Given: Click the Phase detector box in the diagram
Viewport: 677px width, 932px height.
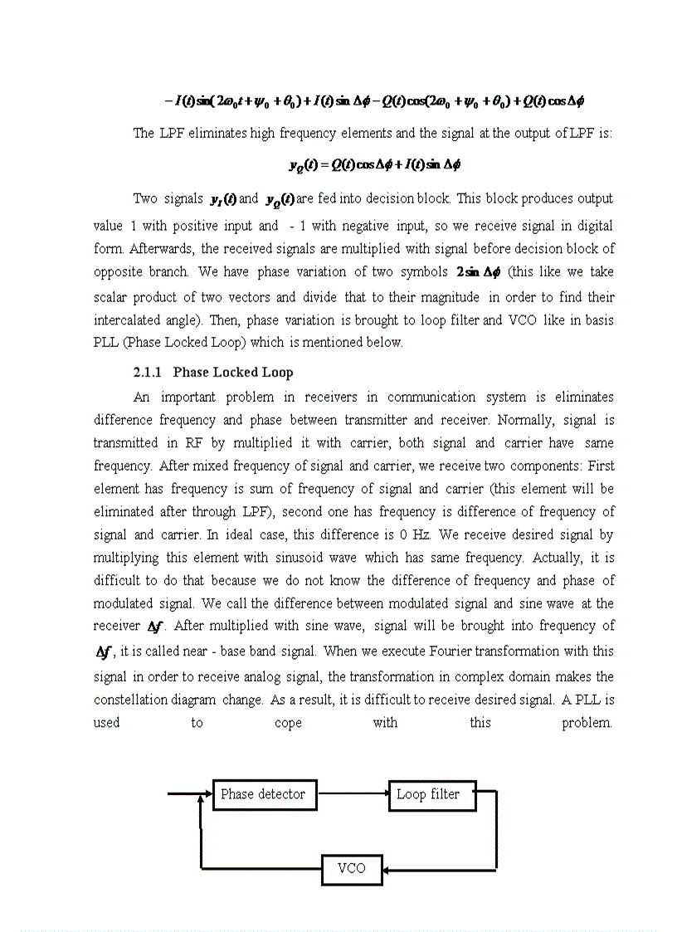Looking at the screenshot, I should [263, 794].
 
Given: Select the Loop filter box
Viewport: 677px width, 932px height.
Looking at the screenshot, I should [427, 794].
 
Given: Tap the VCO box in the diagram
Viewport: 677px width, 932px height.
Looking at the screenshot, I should [351, 868].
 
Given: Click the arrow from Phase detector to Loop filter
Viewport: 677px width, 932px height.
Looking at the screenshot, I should [353, 793].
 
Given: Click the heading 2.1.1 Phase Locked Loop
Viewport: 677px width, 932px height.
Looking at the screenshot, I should [213, 372].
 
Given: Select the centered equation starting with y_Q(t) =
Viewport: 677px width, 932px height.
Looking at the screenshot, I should [373, 164].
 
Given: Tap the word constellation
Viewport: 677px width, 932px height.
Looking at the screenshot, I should [154, 700].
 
